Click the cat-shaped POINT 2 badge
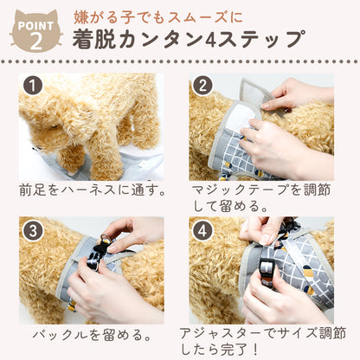35,32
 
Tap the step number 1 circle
33,86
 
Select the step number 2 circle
202,86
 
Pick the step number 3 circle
33,231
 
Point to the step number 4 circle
202,231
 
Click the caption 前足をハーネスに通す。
93,190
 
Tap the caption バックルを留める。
93,335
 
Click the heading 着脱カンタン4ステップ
189,39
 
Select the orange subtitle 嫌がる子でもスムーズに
158,17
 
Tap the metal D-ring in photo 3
103,240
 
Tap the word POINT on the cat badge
35,26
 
